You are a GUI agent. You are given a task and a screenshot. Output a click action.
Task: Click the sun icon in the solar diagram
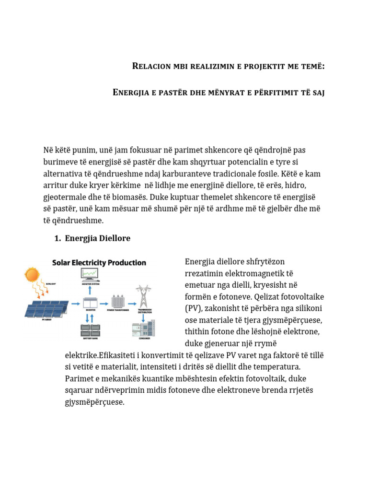click(32, 275)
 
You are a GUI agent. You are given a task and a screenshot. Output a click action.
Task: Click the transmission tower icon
click(143, 296)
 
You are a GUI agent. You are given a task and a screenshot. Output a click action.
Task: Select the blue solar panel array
click(46, 307)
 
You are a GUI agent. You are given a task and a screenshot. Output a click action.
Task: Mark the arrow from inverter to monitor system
click(90, 291)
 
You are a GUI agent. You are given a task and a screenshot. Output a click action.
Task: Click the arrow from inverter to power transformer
click(104, 303)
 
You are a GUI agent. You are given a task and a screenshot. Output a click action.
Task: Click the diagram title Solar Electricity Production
click(99, 263)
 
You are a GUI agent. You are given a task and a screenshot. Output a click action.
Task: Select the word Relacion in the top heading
click(149, 66)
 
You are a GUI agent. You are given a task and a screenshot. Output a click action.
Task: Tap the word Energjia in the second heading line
click(130, 92)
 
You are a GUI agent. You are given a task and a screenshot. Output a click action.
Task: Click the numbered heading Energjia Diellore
click(98, 238)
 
